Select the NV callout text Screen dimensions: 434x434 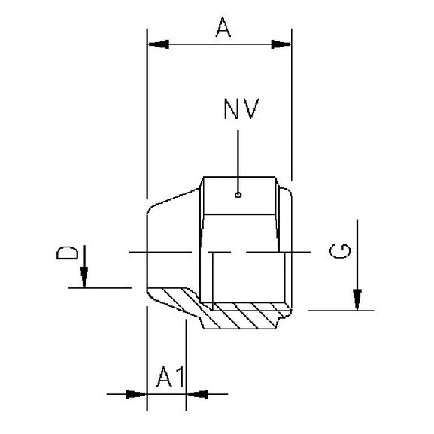coord(241,109)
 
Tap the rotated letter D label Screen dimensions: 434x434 coord(67,251)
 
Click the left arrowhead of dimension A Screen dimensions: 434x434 coord(158,44)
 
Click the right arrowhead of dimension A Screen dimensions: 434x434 coord(281,44)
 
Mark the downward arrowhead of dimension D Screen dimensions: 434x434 coord(85,278)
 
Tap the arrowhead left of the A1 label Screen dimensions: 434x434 coord(136,393)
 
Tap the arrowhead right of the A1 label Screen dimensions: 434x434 coord(196,393)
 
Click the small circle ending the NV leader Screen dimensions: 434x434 coord(238,196)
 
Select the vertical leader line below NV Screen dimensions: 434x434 coord(238,162)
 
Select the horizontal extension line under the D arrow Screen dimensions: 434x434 coord(102,287)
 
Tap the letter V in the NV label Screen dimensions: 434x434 coord(250,109)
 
